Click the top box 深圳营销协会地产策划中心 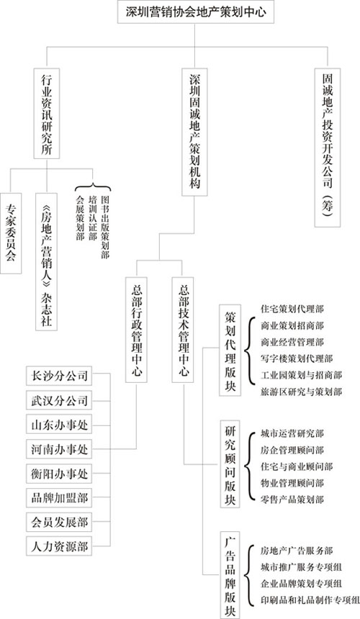pos(196,12)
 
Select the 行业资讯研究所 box pos(47,113)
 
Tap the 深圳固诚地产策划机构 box pos(195,132)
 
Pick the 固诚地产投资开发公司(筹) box pos(328,148)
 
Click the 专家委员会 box pos(11,233)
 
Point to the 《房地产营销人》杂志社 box pos(47,261)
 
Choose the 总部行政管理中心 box pos(137,330)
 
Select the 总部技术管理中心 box pos(183,330)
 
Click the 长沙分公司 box pos(59,376)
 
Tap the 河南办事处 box pos(59,449)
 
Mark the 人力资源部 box pos(59,547)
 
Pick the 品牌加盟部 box pos(59,498)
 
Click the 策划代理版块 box pos(230,350)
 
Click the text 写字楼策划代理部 pos(297,358)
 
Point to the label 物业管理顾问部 pos(292,483)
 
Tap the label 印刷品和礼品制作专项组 pos(310,600)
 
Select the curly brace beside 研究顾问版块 pos(248,466)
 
